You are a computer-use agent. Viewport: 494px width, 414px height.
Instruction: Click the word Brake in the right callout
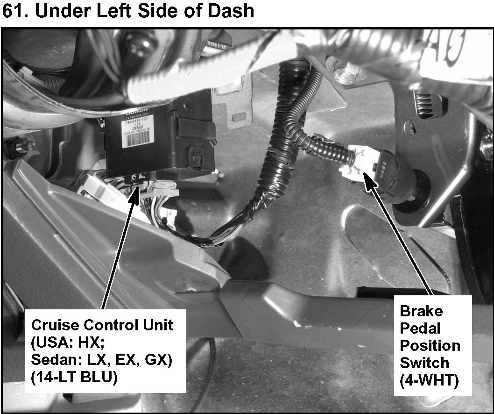coord(421,311)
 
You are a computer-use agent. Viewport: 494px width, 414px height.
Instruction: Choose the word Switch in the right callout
coord(424,363)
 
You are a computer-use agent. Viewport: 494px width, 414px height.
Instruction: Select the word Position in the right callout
coord(430,346)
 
